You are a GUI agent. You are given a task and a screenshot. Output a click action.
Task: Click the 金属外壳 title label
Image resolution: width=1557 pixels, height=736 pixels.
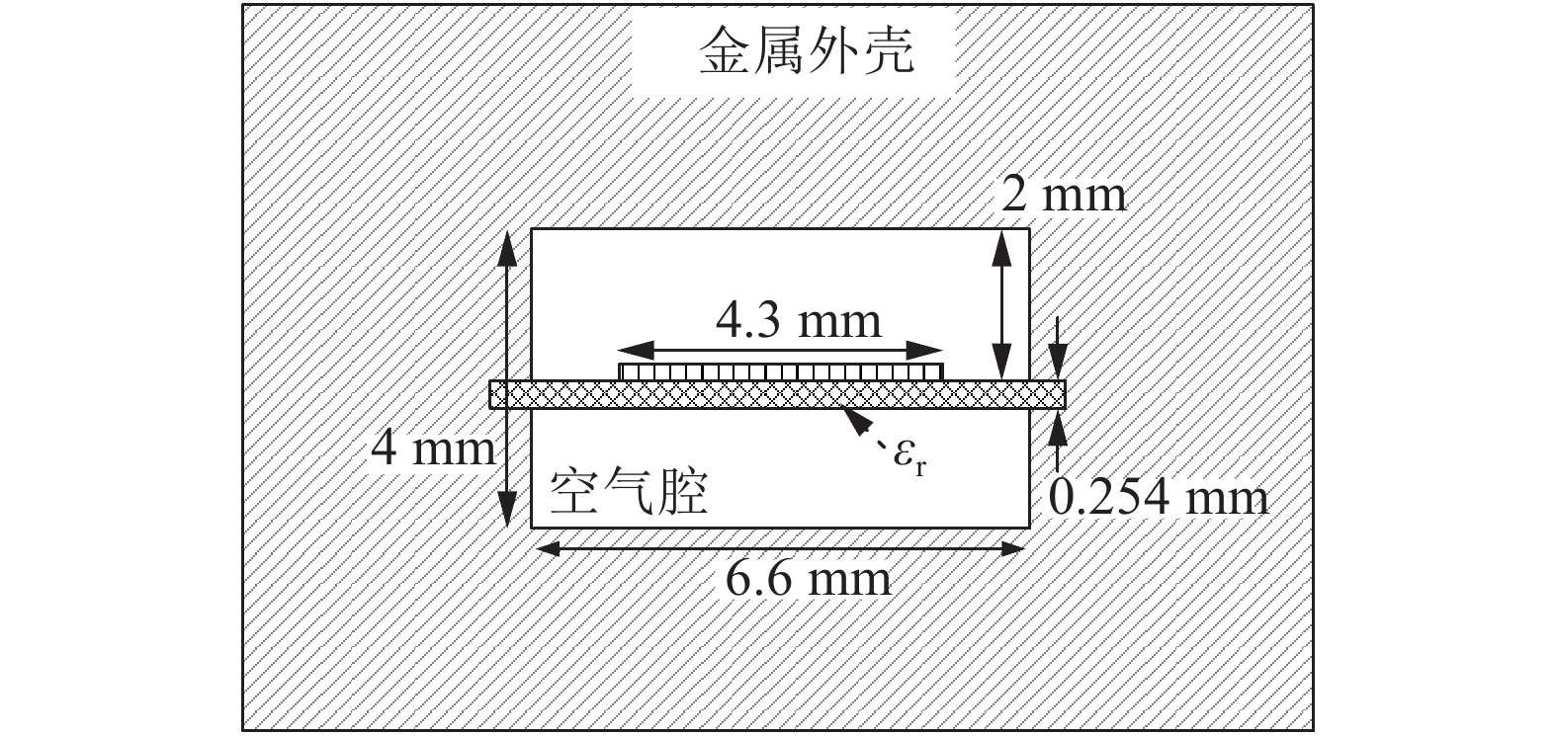pos(806,52)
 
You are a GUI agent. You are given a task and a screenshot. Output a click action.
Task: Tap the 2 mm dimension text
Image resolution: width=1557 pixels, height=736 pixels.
pos(1063,195)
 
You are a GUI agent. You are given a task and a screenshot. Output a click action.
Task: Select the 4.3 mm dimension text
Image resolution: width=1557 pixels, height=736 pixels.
pos(798,321)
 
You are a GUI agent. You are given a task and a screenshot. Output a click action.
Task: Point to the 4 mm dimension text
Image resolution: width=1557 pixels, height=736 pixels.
pos(432,450)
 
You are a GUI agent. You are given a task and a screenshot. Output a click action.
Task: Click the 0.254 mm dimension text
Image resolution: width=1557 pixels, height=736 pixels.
pos(1158,497)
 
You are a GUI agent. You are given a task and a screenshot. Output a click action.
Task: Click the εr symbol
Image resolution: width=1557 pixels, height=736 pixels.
pos(910,457)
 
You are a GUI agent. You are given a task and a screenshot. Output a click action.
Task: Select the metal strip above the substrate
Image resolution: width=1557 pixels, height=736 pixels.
pos(781,371)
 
